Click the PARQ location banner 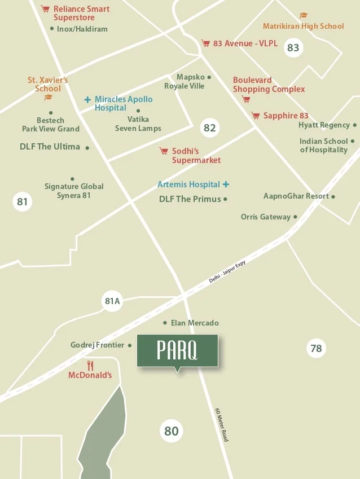(x=177, y=350)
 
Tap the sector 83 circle (x=293, y=47)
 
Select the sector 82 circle (x=209, y=128)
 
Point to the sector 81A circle (x=112, y=301)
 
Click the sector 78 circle (x=316, y=348)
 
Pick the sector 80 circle (x=171, y=431)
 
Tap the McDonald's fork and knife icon (x=90, y=365)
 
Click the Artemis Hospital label (x=188, y=184)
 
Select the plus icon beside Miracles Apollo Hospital (x=87, y=99)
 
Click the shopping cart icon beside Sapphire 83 (x=256, y=116)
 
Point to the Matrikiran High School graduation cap (x=304, y=16)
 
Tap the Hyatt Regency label (x=324, y=125)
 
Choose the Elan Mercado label (x=195, y=323)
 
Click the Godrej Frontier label (x=97, y=345)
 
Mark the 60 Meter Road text (x=222, y=424)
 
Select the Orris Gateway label (x=265, y=217)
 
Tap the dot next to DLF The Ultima (x=87, y=148)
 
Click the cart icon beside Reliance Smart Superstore (x=45, y=9)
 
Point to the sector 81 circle (x=22, y=201)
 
